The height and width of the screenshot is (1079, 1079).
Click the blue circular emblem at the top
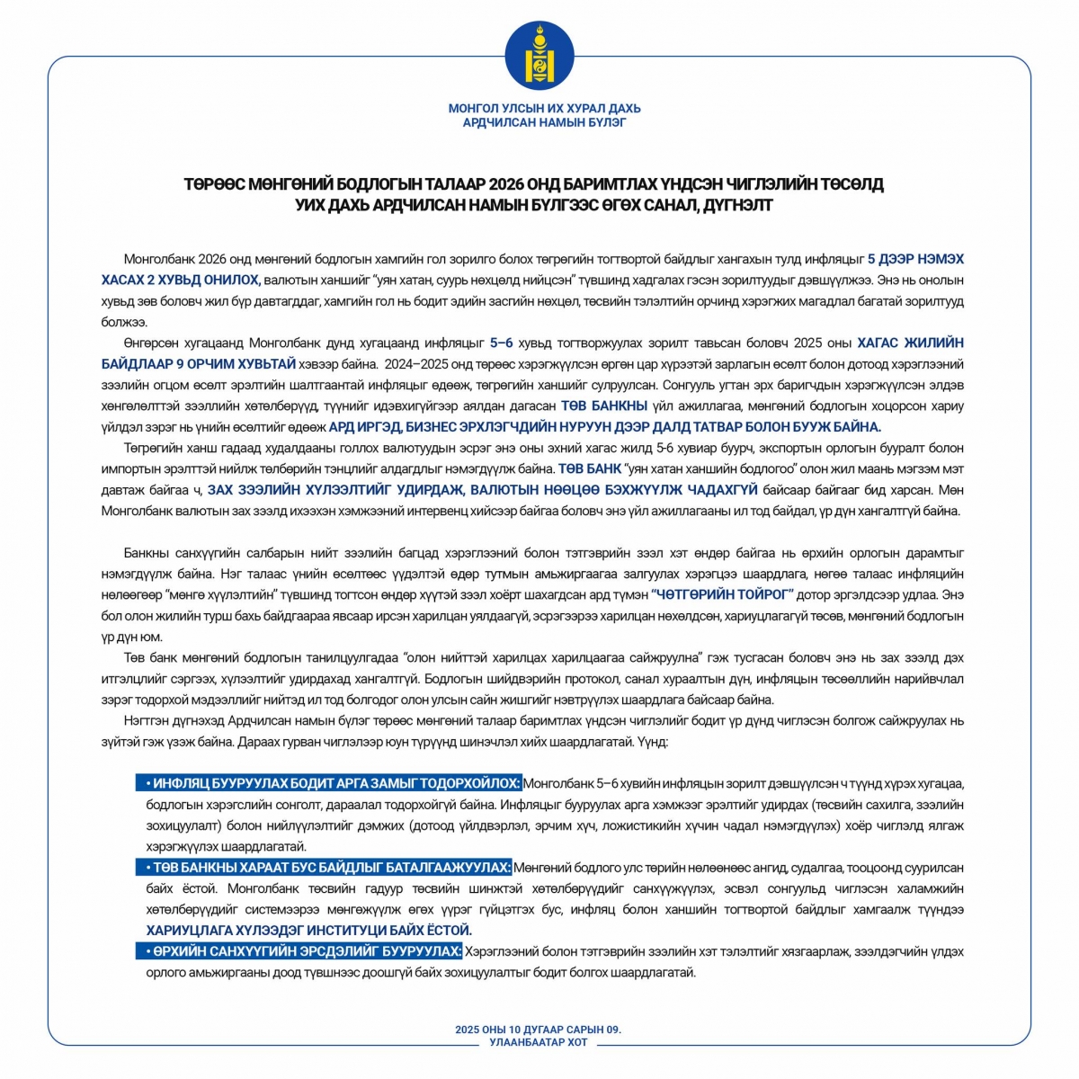539,55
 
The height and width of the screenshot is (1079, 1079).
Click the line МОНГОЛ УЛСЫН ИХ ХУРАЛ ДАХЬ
544,109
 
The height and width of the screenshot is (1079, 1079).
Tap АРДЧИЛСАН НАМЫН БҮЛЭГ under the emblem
544,122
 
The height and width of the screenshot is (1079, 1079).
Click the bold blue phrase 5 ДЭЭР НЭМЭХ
915,259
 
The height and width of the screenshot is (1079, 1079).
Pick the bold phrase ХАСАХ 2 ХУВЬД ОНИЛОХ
181,280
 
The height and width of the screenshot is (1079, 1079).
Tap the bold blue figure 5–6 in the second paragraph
502,343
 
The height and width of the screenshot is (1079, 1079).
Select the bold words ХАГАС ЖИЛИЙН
910,343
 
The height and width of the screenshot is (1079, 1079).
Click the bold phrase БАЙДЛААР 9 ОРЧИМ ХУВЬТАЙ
199,363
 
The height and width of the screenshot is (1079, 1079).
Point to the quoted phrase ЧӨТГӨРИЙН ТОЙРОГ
721,594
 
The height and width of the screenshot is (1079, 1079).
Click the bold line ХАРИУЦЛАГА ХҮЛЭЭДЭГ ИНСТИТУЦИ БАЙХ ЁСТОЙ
308,931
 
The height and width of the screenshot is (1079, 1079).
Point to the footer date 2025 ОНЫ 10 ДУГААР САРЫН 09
538,1030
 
